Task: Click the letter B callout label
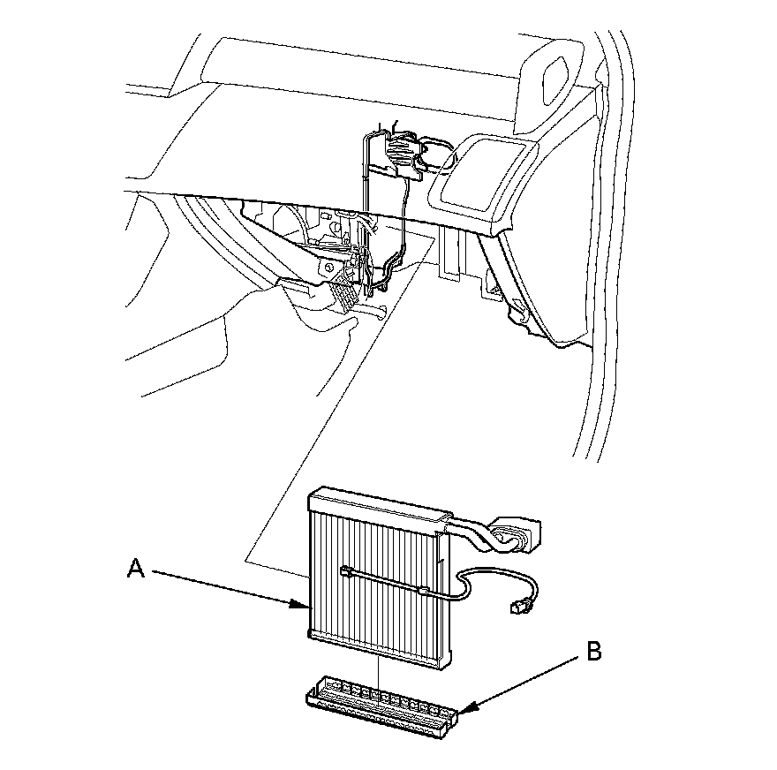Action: coord(594,653)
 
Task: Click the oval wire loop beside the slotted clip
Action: coord(438,152)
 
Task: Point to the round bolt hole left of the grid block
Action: coord(328,266)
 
